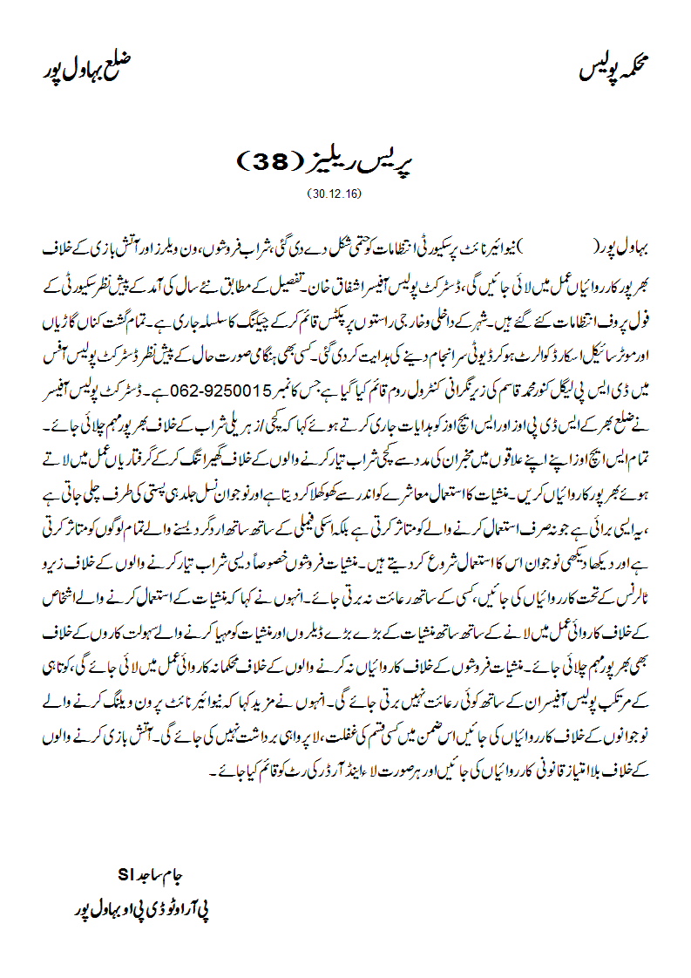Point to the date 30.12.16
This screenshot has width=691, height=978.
(334, 192)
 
